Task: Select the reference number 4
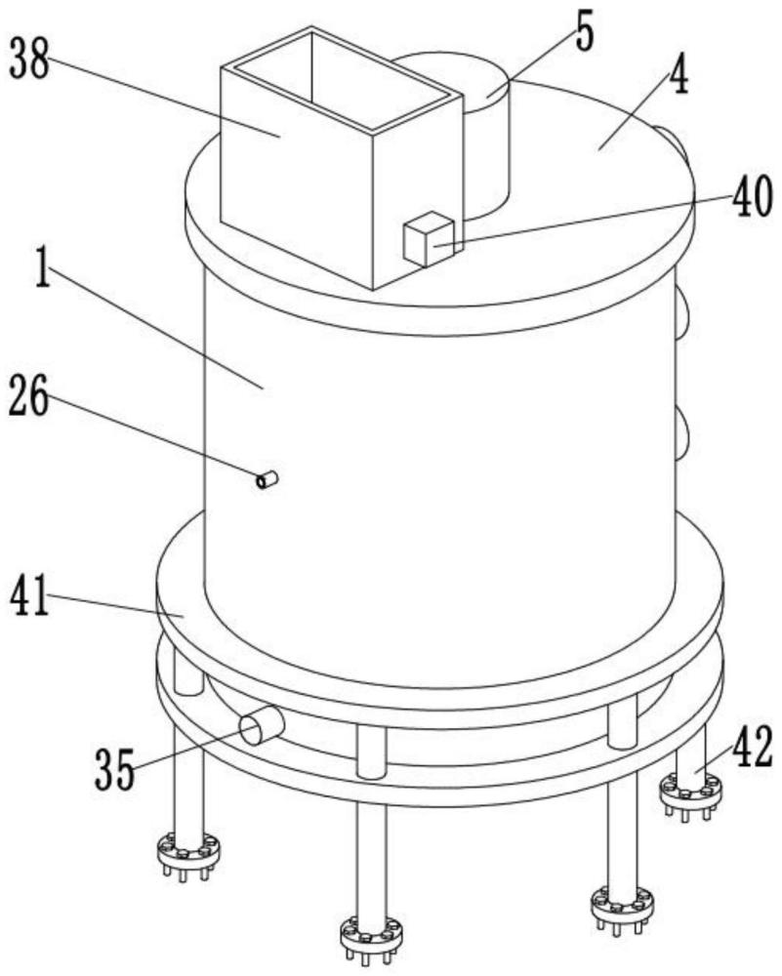tap(679, 75)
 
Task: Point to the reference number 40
tap(752, 196)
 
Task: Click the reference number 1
tap(42, 266)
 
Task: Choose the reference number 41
tap(28, 596)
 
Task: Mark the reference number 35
tap(114, 769)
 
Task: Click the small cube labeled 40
tap(429, 239)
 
